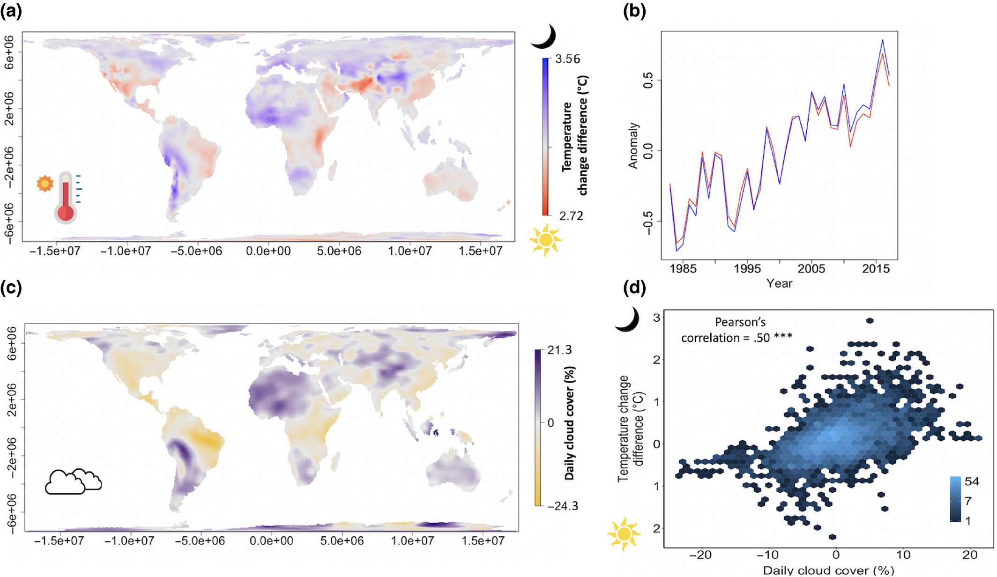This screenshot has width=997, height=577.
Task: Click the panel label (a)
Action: (11, 10)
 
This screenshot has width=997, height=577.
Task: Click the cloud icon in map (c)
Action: (73, 481)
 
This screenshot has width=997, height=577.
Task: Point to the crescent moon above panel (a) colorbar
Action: (544, 37)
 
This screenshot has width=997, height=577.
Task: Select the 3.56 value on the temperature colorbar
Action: (567, 59)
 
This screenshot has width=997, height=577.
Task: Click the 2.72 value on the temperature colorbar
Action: (571, 216)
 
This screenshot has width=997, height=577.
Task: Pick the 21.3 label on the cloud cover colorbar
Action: (559, 350)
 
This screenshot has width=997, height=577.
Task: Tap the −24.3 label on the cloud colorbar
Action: (563, 506)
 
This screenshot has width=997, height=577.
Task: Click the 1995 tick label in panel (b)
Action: (747, 269)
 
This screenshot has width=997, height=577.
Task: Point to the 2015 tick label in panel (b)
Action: (876, 269)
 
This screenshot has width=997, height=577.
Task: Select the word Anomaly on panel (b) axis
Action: (633, 146)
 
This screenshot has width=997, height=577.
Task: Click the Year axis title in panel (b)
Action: (779, 283)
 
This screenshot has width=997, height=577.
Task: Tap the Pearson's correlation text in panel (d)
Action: (737, 330)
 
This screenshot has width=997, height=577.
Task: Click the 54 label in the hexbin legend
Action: (972, 481)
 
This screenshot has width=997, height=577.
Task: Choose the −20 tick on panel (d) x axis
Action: (701, 555)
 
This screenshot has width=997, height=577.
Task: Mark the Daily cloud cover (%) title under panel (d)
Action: (828, 570)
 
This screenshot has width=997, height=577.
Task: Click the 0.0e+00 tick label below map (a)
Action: (268, 252)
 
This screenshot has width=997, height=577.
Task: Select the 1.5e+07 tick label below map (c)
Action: (483, 541)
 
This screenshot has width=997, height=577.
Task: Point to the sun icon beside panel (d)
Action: (623, 533)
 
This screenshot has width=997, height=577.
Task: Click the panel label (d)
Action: (634, 287)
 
